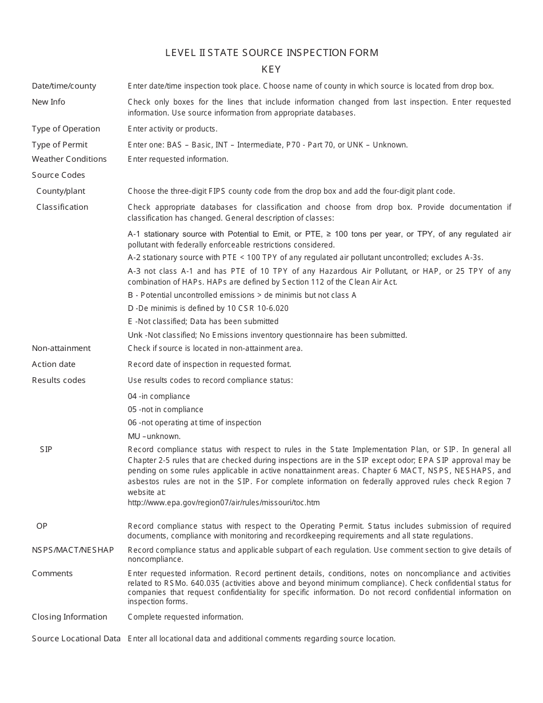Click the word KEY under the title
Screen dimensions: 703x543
point(271,70)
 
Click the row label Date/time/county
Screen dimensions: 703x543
point(64,86)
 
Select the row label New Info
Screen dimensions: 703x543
point(49,102)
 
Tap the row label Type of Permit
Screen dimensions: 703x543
point(59,145)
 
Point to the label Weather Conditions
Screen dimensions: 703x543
point(69,159)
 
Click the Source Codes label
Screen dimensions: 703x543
point(58,175)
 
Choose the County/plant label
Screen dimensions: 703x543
point(61,191)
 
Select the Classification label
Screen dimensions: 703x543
point(62,207)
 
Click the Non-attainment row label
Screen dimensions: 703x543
point(61,349)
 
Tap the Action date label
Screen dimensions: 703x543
point(54,365)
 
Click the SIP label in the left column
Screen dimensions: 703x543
point(46,450)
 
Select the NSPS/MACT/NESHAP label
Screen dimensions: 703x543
point(73,550)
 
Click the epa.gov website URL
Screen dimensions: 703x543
point(223,503)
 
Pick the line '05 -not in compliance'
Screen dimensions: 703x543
point(165,410)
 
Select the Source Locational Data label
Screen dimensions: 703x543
point(76,639)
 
